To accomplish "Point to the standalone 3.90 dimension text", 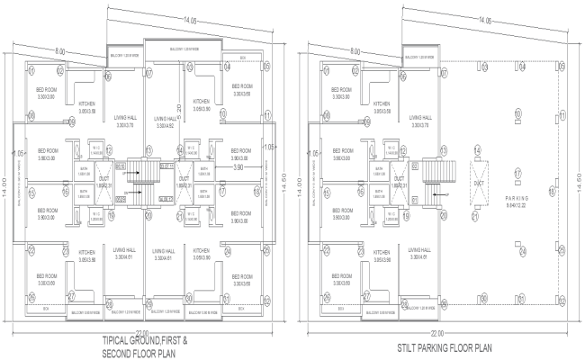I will [x=239, y=167].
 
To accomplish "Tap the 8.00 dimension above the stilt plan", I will [x=355, y=50].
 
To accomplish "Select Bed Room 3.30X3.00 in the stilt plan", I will [x=342, y=92].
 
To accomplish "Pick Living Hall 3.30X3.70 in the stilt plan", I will [x=418, y=121].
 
